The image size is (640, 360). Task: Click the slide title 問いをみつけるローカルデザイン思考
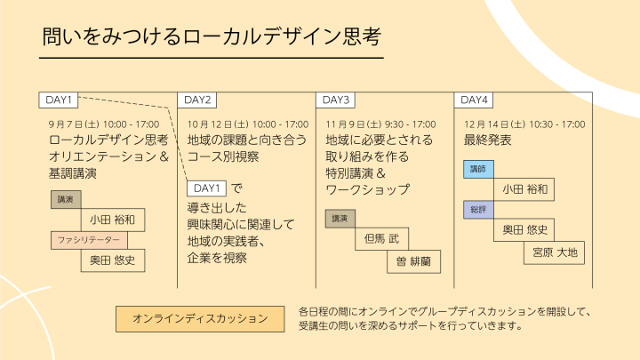[x=212, y=38]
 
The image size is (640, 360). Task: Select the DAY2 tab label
[x=197, y=100]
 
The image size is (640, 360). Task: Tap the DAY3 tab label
[x=336, y=100]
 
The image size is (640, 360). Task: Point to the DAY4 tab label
[x=475, y=100]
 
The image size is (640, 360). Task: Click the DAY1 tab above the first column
[x=59, y=100]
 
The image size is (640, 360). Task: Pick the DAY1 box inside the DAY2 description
[x=206, y=188]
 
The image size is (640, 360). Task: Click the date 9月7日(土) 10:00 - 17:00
[x=104, y=124]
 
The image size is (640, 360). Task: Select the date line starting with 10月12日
[x=248, y=124]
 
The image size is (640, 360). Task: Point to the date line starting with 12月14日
[x=524, y=124]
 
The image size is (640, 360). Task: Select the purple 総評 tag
[x=478, y=210]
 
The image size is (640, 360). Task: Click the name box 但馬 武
[x=382, y=239]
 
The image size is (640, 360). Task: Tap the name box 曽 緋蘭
[x=413, y=262]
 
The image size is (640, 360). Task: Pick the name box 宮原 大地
[x=555, y=252]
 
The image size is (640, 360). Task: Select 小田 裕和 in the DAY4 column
[x=524, y=189]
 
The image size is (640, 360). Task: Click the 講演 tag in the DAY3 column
[x=340, y=219]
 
